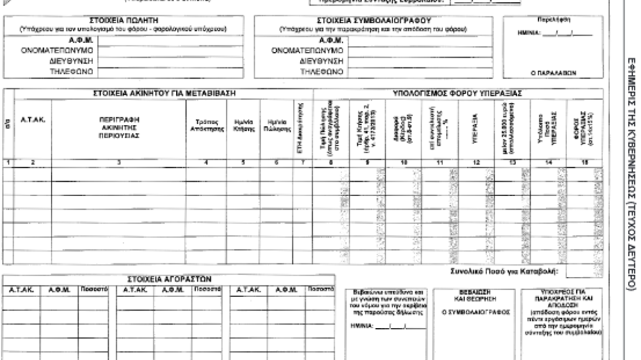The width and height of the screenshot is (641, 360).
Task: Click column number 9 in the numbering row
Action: (367, 163)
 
